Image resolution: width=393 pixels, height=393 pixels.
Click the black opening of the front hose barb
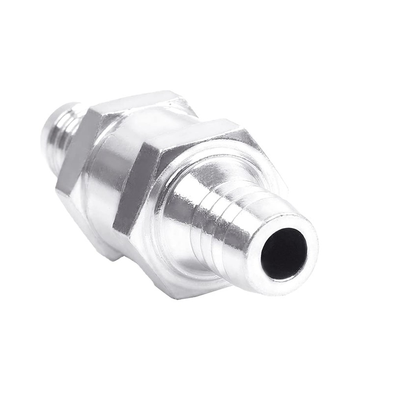(284, 253)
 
